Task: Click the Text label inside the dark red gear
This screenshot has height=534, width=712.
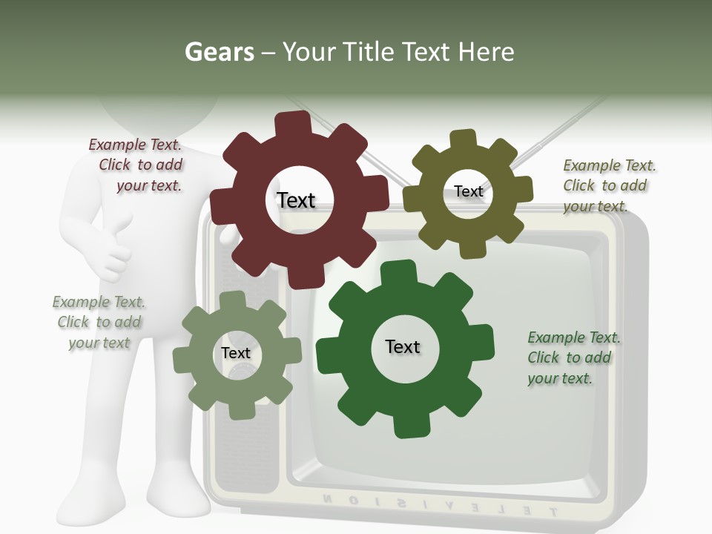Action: click(296, 200)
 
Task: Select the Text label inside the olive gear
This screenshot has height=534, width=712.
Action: click(468, 191)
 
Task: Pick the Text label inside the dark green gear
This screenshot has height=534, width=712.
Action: click(403, 346)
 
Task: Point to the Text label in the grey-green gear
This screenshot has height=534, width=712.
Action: click(236, 354)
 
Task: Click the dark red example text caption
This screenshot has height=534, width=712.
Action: click(136, 165)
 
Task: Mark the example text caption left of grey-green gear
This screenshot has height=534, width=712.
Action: click(99, 323)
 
